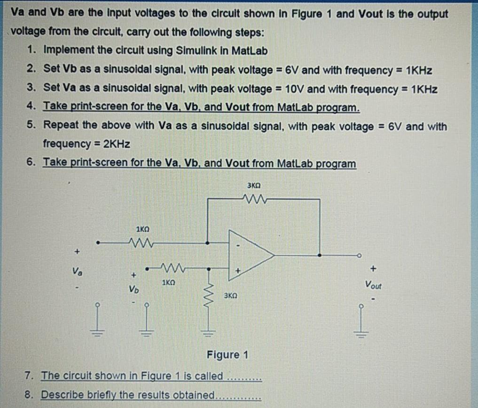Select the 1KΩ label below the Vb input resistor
click(168, 283)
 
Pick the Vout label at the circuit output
click(374, 285)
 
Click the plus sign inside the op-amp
click(238, 270)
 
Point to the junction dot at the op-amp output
click(321, 255)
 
